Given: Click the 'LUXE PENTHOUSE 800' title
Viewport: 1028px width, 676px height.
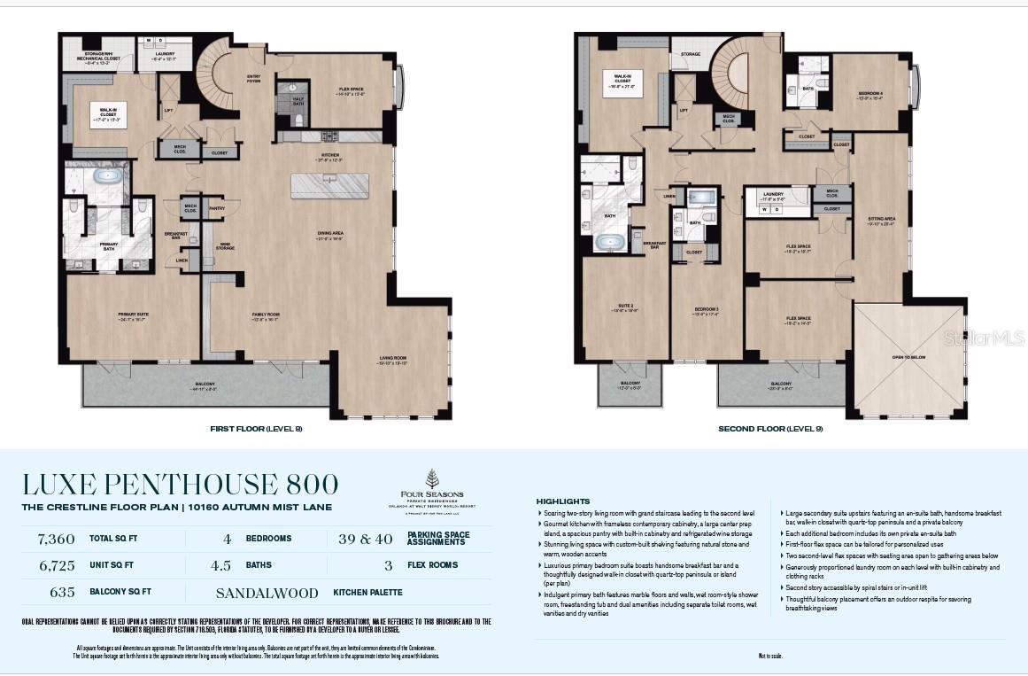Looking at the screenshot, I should pos(181,485).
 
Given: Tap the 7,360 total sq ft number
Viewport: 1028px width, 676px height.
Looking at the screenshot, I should pos(55,539).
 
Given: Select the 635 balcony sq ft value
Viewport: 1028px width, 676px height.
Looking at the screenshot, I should pos(62,592).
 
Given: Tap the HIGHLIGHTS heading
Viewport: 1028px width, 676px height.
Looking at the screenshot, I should pos(562,501).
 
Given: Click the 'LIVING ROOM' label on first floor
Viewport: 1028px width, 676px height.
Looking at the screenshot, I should pos(392,358).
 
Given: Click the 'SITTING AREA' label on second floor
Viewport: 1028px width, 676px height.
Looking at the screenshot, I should pos(881,219).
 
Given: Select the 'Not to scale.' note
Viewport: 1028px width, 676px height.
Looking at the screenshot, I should pos(770,656).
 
